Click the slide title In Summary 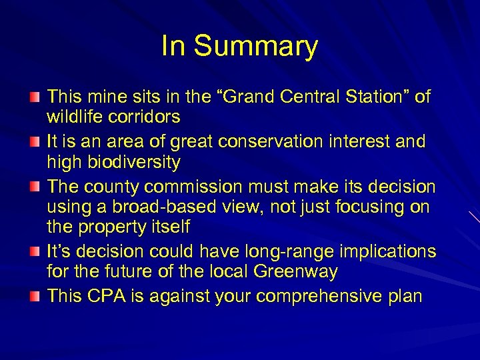pos(239,47)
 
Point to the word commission pos(211,187)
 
